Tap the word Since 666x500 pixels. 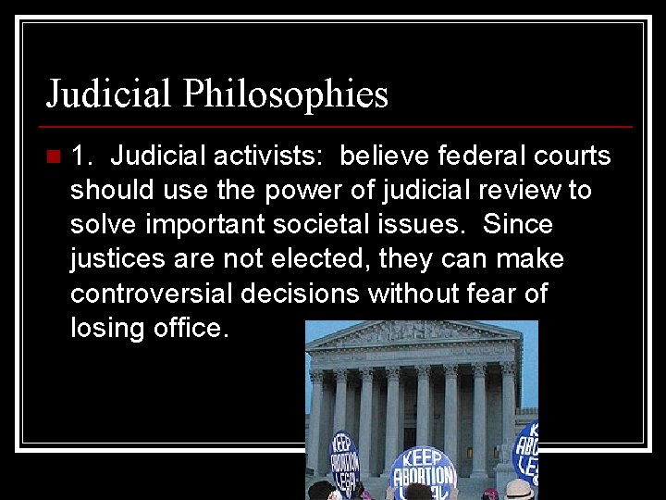click(x=518, y=225)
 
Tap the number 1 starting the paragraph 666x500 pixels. click(x=80, y=156)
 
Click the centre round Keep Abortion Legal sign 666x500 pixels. click(x=423, y=472)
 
